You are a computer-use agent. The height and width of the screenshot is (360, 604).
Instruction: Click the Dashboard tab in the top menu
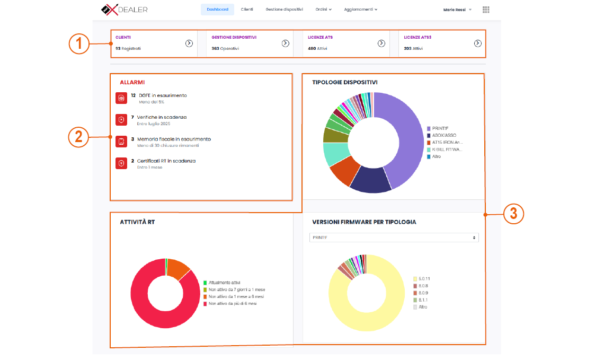point(217,10)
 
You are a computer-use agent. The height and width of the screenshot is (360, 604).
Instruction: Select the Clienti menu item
point(246,10)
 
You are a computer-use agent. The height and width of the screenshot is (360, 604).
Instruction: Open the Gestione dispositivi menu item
point(284,10)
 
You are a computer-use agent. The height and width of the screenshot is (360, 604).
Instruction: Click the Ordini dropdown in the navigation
point(323,10)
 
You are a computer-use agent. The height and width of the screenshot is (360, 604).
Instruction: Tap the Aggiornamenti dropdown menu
point(360,10)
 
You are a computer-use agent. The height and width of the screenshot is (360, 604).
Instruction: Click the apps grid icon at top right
point(486,10)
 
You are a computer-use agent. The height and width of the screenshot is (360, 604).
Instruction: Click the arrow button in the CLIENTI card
point(189,43)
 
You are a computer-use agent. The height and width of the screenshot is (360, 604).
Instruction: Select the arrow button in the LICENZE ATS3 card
point(477,43)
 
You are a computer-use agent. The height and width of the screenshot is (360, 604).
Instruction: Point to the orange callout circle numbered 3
point(513,214)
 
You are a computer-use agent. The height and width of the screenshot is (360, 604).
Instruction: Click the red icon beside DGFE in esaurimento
point(121,98)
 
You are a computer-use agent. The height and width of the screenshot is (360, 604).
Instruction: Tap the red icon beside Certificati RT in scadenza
point(121,163)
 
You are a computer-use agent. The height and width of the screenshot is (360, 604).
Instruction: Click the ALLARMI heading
point(132,83)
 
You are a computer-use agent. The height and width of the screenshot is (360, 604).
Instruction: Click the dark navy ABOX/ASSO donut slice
point(371,180)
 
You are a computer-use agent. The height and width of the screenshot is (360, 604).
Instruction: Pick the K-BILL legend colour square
point(429,150)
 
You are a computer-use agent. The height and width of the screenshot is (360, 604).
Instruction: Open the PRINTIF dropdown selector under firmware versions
point(394,238)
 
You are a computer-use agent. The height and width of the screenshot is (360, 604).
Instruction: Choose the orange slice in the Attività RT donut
point(177,268)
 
